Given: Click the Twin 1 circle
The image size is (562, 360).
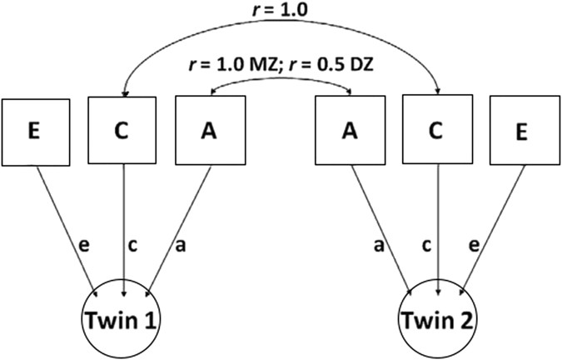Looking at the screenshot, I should (123, 319).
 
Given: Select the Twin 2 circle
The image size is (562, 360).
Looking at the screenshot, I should (437, 319).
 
